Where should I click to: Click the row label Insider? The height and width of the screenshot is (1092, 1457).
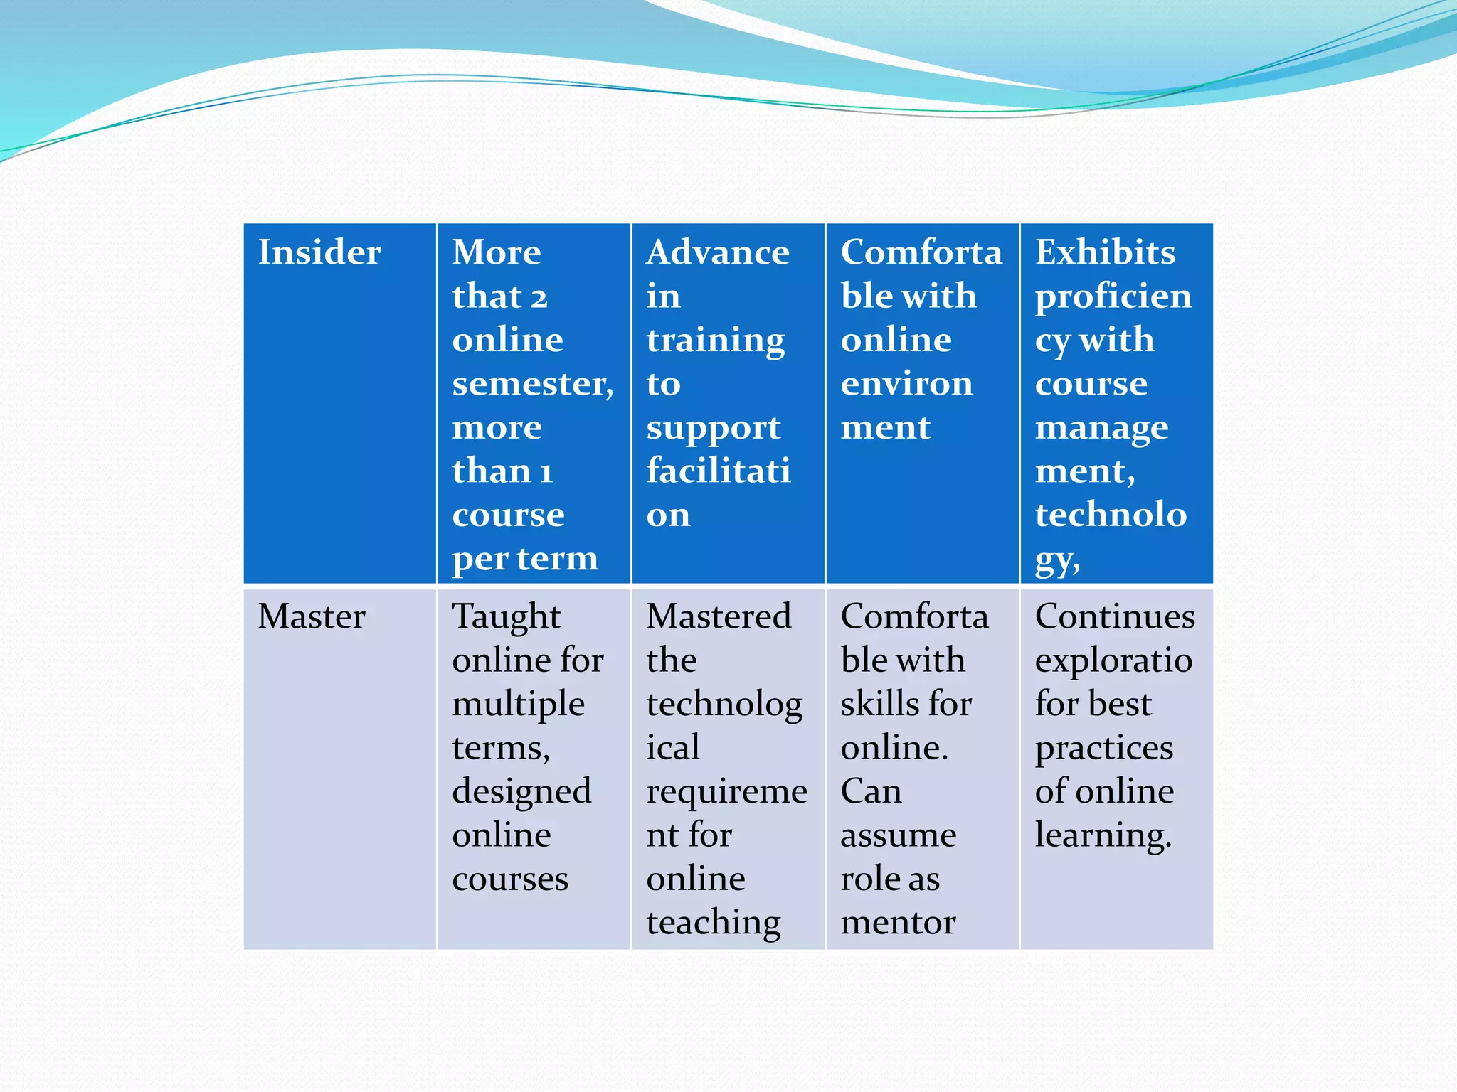(319, 252)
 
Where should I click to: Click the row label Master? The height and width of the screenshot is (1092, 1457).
(312, 616)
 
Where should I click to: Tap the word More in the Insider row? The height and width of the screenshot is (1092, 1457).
(497, 252)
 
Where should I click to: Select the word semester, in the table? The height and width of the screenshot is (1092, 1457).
(533, 385)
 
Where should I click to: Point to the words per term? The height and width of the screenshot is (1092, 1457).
(525, 560)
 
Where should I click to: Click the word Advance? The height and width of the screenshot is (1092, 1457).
(718, 252)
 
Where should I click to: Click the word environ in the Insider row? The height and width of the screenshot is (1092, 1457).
(906, 385)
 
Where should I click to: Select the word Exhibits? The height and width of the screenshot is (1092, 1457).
(1105, 252)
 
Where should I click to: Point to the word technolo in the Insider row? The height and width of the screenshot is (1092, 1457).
(1111, 515)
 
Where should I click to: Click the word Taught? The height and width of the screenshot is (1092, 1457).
(507, 616)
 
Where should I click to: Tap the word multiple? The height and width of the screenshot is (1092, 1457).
(518, 705)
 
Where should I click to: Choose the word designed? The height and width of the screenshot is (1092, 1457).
(521, 792)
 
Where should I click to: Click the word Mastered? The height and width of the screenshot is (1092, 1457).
(719, 616)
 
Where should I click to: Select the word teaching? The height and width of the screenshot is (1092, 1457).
(713, 923)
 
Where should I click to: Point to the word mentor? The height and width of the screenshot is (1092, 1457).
(898, 923)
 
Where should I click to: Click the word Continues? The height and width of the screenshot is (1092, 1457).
(1115, 616)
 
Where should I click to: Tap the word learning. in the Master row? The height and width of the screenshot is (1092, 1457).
(1103, 835)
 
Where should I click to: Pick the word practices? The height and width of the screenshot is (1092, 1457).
(1103, 748)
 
